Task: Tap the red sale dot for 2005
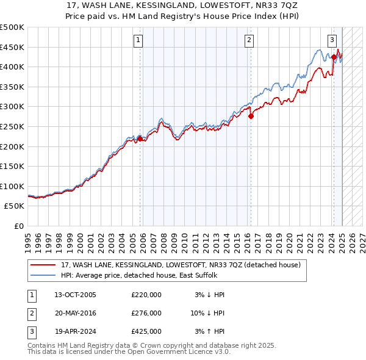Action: pos(140,139)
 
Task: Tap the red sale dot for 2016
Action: pos(251,116)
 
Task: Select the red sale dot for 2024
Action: pos(334,57)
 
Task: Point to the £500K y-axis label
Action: pos(12,27)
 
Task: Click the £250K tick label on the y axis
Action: pos(12,126)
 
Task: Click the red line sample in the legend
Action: pos(43,265)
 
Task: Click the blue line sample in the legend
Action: pos(43,275)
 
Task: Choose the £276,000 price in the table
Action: pos(146,313)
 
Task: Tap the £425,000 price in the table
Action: pos(146,332)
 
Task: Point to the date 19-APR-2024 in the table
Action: pos(74,332)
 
